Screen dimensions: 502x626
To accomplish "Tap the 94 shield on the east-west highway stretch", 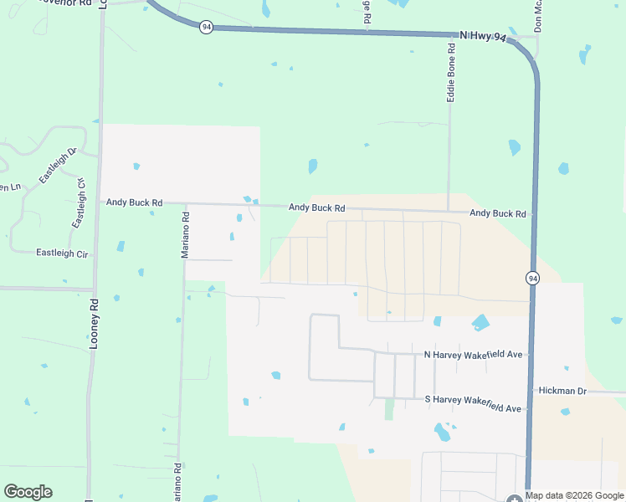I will click(207, 28).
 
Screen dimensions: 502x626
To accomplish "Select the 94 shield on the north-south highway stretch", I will click(532, 277).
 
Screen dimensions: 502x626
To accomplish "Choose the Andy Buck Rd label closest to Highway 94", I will click(498, 213).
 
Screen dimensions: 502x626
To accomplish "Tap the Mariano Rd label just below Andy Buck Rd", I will click(186, 234).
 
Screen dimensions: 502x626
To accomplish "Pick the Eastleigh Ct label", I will click(80, 203).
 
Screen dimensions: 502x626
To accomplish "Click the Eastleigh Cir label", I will click(63, 253).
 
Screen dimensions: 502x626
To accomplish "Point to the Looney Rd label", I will click(95, 325).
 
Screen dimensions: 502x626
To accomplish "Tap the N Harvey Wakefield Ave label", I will click(474, 355).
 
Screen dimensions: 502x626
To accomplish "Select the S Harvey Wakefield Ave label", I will click(474, 408).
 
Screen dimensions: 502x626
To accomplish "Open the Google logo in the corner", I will click(28, 492).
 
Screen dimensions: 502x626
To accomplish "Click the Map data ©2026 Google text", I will click(575, 496).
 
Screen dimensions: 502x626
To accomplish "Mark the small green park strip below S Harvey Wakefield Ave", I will click(388, 410).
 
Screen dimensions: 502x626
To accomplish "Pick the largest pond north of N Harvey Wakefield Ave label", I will click(480, 322).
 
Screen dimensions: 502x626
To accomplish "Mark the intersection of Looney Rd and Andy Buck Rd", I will click(98, 202).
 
